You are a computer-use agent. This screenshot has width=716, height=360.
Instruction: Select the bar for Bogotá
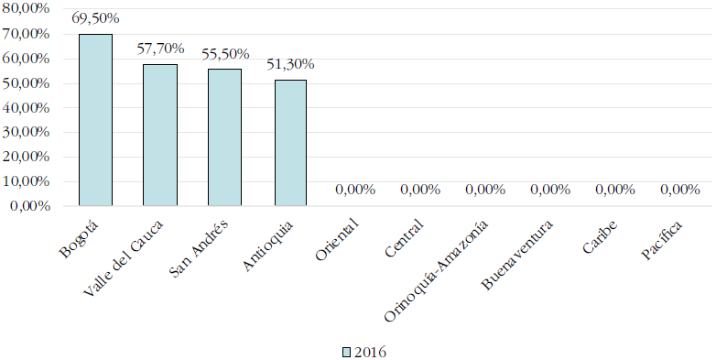pyautogui.click(x=95, y=120)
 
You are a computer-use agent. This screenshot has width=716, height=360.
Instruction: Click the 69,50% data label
pyautogui.click(x=95, y=17)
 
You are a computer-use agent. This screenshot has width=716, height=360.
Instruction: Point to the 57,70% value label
pyautogui.click(x=160, y=48)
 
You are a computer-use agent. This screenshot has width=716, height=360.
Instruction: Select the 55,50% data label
pyautogui.click(x=225, y=53)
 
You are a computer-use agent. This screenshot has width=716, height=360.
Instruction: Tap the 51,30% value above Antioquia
pyautogui.click(x=290, y=64)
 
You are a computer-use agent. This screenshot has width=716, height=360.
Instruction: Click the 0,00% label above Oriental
pyautogui.click(x=355, y=190)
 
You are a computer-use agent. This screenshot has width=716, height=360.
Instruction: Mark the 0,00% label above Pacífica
pyautogui.click(x=679, y=190)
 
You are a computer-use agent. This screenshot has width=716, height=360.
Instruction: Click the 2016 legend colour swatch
pyautogui.click(x=346, y=352)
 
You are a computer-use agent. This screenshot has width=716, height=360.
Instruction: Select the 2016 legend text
pyautogui.click(x=368, y=352)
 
